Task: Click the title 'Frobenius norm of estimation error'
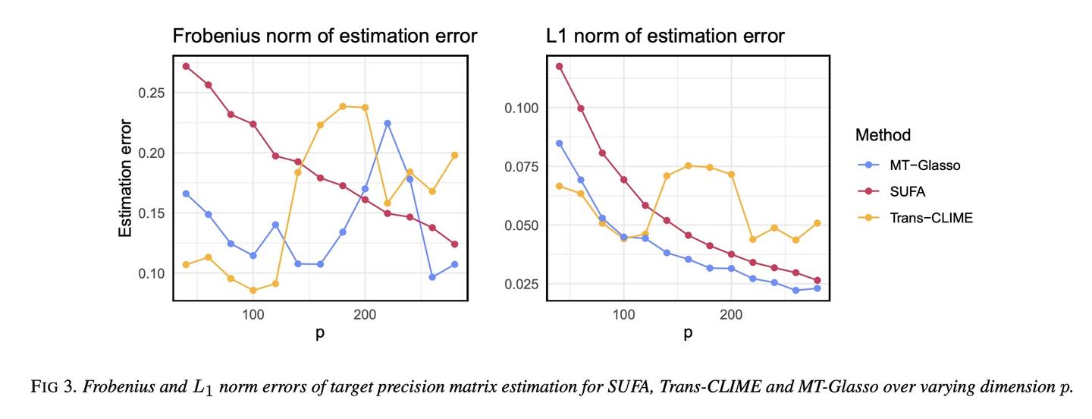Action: coord(325,36)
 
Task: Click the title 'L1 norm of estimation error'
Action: coord(665,36)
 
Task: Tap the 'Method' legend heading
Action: coord(883,135)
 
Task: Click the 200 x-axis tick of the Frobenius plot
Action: coord(365,313)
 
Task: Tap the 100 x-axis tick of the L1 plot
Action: coord(623,313)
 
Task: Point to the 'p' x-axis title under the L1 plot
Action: coord(688,334)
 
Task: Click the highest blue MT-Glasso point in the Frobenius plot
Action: coord(388,123)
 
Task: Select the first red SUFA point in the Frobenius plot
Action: coord(186,66)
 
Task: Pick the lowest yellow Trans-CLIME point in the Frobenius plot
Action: coord(253,291)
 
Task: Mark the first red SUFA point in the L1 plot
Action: coord(560,66)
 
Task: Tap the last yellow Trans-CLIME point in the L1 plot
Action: coord(817,223)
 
